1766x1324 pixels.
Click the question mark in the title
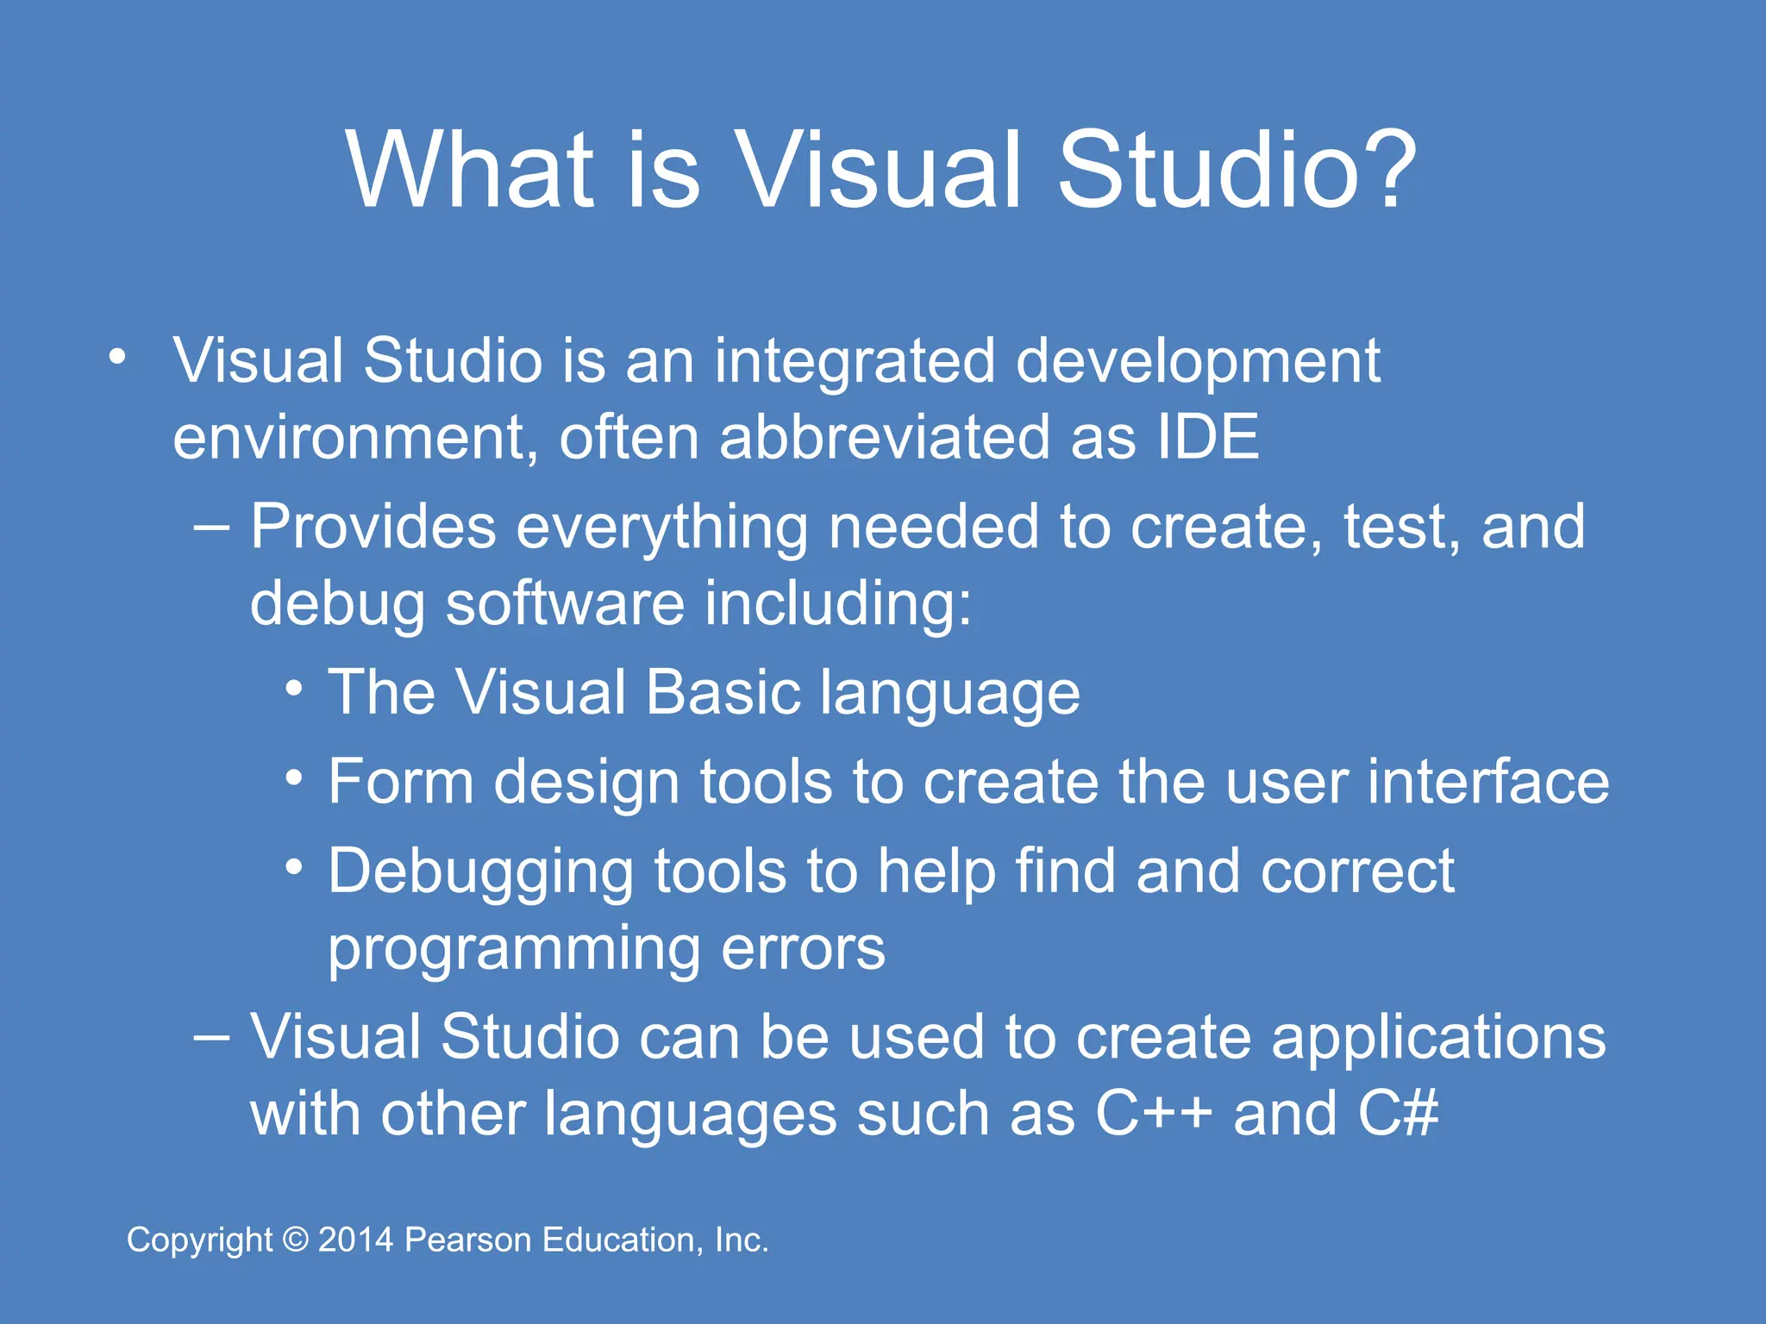click(x=1382, y=169)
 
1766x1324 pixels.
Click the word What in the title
click(x=471, y=169)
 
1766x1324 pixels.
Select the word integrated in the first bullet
click(x=855, y=361)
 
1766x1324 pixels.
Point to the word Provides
click(x=373, y=527)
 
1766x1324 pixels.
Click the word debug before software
click(x=337, y=604)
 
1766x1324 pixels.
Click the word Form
click(x=401, y=782)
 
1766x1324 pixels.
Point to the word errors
click(x=802, y=949)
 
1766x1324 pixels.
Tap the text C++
click(x=1154, y=1114)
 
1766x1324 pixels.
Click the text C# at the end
click(x=1398, y=1114)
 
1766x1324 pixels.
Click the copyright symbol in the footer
click(x=296, y=1240)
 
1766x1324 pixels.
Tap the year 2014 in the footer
click(x=356, y=1240)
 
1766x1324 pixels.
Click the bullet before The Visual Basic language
click(x=295, y=689)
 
